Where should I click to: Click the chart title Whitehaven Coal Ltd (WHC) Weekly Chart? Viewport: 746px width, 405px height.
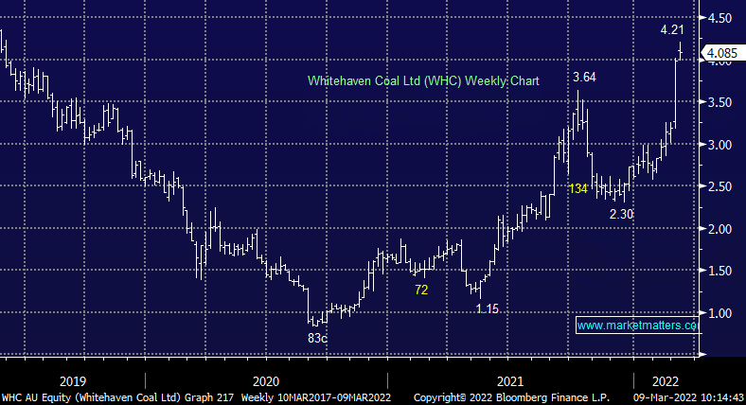tap(423, 81)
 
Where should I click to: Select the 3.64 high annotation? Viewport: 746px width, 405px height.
tap(585, 78)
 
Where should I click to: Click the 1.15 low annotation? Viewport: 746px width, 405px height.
tap(488, 308)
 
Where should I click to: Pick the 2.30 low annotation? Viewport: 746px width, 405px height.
tap(622, 214)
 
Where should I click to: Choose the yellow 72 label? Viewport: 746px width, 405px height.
tap(422, 289)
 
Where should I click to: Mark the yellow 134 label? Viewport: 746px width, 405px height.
tap(577, 189)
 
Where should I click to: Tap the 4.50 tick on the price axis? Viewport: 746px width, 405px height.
tap(719, 19)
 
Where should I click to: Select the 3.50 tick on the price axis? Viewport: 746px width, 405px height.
tap(719, 102)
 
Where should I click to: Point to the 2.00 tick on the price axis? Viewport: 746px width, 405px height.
tap(719, 229)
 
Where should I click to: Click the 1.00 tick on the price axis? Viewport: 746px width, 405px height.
tap(719, 313)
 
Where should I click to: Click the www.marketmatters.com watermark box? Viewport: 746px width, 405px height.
tap(637, 326)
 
